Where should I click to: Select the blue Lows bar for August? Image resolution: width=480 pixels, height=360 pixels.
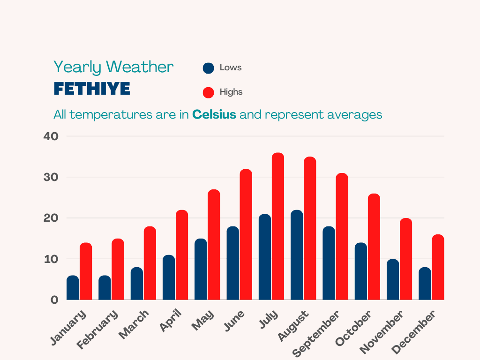(297, 255)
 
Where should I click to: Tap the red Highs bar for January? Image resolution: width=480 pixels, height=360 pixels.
(86, 271)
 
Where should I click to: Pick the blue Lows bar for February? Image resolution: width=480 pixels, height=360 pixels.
(105, 288)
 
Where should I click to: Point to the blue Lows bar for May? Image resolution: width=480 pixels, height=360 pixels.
(201, 270)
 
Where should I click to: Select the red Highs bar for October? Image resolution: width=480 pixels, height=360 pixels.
(374, 247)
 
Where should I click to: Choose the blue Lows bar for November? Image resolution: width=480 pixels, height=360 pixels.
(393, 279)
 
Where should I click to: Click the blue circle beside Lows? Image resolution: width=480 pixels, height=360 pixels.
(208, 68)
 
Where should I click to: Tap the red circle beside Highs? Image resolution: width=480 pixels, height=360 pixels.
(208, 92)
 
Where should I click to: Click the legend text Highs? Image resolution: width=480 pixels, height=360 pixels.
(231, 92)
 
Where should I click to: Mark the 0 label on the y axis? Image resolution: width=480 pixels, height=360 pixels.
(54, 300)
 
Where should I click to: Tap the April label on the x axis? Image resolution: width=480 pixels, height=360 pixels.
(171, 321)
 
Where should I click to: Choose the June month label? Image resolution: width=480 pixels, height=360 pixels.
(234, 321)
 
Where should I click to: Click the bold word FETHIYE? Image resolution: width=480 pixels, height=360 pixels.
(92, 89)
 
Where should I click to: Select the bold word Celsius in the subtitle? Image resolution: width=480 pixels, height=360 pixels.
(214, 114)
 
